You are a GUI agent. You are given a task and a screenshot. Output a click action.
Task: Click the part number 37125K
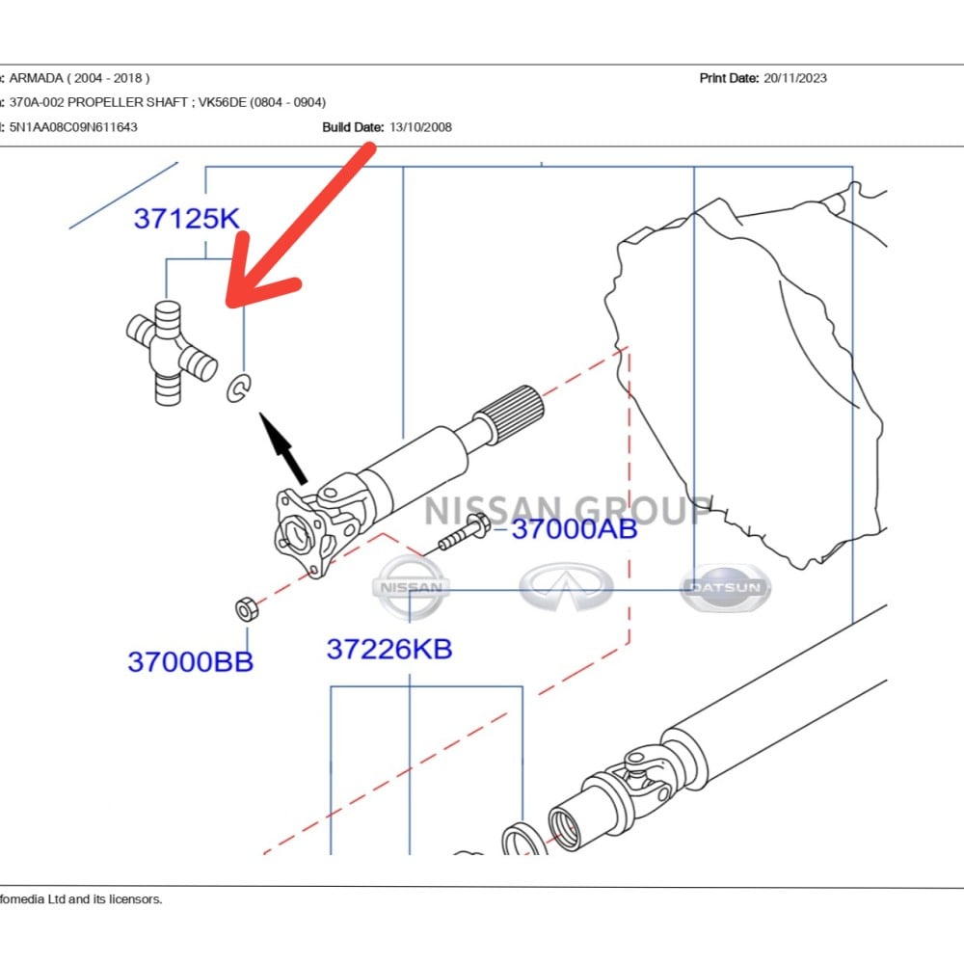[x=186, y=219]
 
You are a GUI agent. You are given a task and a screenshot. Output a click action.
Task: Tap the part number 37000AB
[x=575, y=528]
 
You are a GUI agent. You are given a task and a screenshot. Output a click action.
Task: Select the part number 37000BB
[x=191, y=661]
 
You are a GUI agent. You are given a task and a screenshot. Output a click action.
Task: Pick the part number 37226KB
[x=389, y=649]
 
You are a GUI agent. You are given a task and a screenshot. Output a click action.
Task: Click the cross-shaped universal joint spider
[x=171, y=352]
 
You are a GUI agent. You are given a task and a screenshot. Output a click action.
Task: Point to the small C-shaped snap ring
[x=238, y=388]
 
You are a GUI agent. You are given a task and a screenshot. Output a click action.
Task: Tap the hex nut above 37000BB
[x=247, y=608]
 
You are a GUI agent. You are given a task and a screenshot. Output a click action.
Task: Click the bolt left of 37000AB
[x=465, y=532]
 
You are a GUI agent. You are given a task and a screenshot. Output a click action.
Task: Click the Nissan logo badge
[x=411, y=587]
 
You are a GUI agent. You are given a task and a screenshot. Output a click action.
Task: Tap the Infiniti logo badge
[x=566, y=586]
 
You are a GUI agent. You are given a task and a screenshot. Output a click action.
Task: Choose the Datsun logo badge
[x=726, y=588]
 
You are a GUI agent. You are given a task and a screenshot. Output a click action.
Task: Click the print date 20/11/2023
[x=795, y=78]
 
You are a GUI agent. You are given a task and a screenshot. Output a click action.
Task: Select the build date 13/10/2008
[x=420, y=127]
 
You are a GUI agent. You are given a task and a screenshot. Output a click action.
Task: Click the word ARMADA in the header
[x=37, y=78]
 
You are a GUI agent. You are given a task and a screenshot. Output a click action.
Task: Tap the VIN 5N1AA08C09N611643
[x=73, y=127]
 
